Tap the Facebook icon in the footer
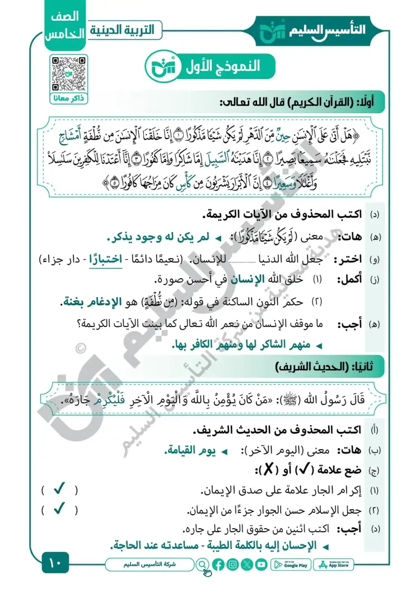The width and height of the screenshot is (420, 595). click(x=218, y=565)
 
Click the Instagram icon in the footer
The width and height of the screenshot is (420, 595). click(x=232, y=565)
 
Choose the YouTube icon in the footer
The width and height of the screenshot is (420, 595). click(x=260, y=565)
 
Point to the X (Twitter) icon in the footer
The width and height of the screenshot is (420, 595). click(x=246, y=565)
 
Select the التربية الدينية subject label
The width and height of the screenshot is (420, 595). click(x=127, y=29)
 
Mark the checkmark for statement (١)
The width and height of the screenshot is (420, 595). click(x=59, y=490)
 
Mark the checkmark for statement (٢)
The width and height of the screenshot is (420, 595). click(x=59, y=510)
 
